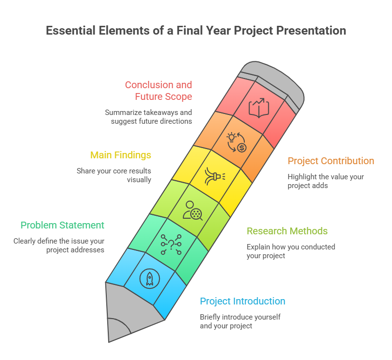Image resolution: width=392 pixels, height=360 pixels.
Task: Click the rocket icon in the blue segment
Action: [x=149, y=278]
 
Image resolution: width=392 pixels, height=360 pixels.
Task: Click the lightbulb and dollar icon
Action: [x=236, y=141]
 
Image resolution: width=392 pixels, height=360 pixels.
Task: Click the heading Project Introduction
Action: [x=242, y=301]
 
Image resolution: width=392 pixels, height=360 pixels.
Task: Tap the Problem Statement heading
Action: [x=62, y=225]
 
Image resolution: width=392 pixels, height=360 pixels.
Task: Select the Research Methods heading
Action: [x=287, y=231]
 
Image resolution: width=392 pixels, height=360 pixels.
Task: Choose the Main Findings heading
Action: [x=120, y=155]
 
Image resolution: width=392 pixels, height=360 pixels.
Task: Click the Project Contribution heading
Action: [x=331, y=161]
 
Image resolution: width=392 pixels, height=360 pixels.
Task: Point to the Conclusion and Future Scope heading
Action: [x=158, y=91]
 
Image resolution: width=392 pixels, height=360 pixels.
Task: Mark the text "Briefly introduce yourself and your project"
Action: [x=240, y=321]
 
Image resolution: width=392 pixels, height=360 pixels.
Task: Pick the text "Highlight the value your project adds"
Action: [x=326, y=181]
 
